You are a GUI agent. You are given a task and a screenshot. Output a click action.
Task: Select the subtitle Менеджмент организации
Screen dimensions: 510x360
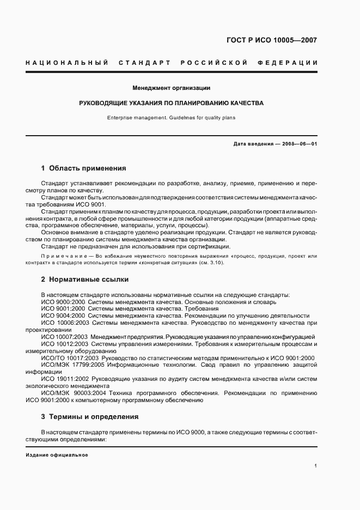coord(172,88)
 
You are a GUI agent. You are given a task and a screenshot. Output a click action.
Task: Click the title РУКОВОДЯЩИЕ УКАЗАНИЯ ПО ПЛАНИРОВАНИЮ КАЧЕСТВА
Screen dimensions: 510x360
coord(172,102)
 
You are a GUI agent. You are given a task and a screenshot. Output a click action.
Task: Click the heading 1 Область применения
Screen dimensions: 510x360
coord(83,168)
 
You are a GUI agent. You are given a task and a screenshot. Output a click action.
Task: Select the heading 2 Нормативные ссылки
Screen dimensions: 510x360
coord(85,280)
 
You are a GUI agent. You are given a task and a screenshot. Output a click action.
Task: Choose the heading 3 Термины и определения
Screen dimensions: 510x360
coord(90,417)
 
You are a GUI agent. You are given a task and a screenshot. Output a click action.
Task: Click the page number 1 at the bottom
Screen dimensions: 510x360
coord(316,466)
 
